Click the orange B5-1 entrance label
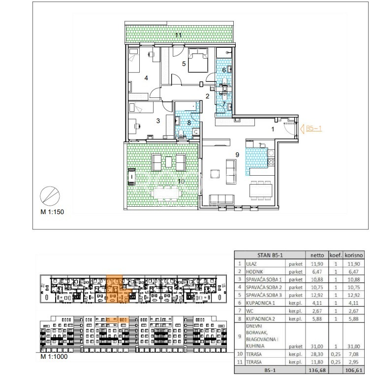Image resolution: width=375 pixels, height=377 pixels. point(313,128)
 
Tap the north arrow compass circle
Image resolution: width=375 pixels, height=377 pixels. point(50,196)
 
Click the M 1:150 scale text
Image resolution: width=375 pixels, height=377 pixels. point(52,212)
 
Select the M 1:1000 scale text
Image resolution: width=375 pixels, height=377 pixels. point(54,356)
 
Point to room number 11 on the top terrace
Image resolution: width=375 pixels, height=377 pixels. point(178,35)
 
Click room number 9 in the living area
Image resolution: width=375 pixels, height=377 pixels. point(237,155)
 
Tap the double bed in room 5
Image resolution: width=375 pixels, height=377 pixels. point(198,60)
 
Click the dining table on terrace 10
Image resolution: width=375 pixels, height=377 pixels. point(166,193)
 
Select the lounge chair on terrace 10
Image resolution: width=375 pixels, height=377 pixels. point(131,177)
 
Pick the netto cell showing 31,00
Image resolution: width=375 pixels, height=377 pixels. point(317,346)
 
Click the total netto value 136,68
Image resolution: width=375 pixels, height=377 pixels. point(317,370)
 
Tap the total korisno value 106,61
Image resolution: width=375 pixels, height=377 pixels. point(353,370)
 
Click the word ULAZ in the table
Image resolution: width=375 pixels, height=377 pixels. point(251,264)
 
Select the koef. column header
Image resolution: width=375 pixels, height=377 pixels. point(336,255)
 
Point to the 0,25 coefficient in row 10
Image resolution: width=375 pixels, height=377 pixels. point(336,354)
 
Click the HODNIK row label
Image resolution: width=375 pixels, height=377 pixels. point(254,272)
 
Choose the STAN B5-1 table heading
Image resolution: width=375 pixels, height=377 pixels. point(270,255)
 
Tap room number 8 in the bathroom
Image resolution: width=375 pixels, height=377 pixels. point(189,123)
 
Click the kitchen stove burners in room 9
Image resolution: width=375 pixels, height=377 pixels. point(271,162)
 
